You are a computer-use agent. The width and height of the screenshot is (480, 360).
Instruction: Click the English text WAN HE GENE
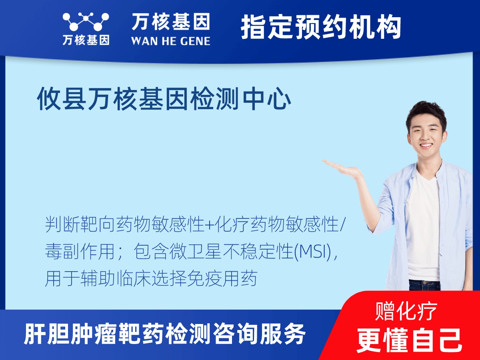(x=170, y=41)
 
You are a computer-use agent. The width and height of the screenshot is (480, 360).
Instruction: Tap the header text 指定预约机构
(x=321, y=27)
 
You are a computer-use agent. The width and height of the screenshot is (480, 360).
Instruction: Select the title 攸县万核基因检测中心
(x=164, y=100)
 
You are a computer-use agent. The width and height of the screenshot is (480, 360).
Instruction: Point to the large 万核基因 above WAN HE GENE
(x=170, y=22)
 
